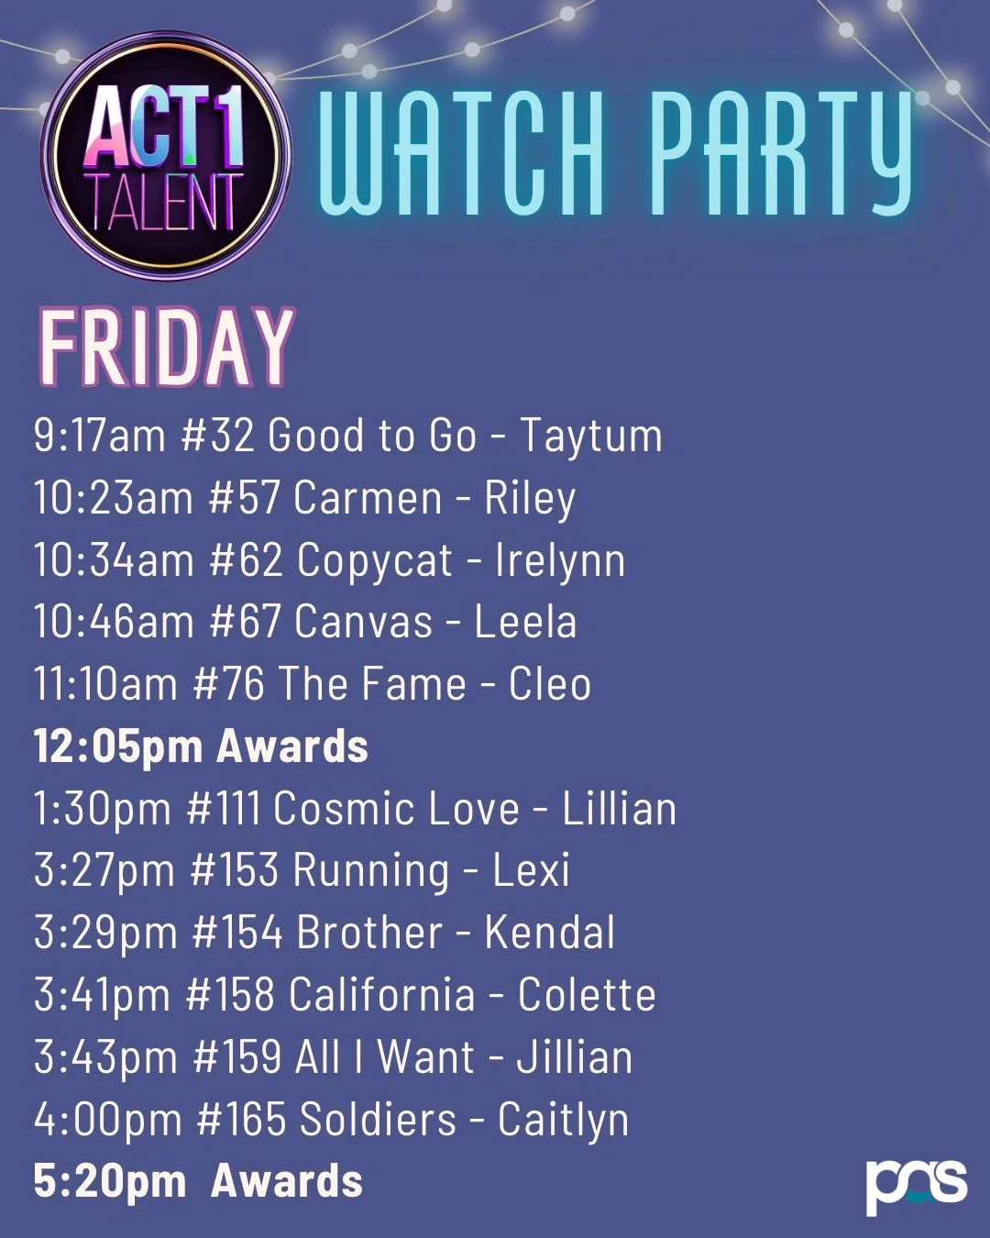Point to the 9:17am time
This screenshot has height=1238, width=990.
coord(99,435)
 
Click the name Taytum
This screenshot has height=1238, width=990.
coord(591,437)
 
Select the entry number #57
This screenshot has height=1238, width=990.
coord(244,497)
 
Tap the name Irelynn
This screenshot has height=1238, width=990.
coord(560,560)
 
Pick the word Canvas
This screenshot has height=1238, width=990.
coord(364,622)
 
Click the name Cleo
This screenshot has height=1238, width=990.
coord(550,684)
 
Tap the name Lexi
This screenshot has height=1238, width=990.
coord(531,871)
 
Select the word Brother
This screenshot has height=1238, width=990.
coord(369,934)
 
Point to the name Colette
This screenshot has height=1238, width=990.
coord(587,995)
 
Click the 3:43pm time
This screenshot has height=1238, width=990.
coord(105,1057)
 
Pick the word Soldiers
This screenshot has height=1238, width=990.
coord(378,1120)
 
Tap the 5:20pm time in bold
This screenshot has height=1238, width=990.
coord(110,1181)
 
